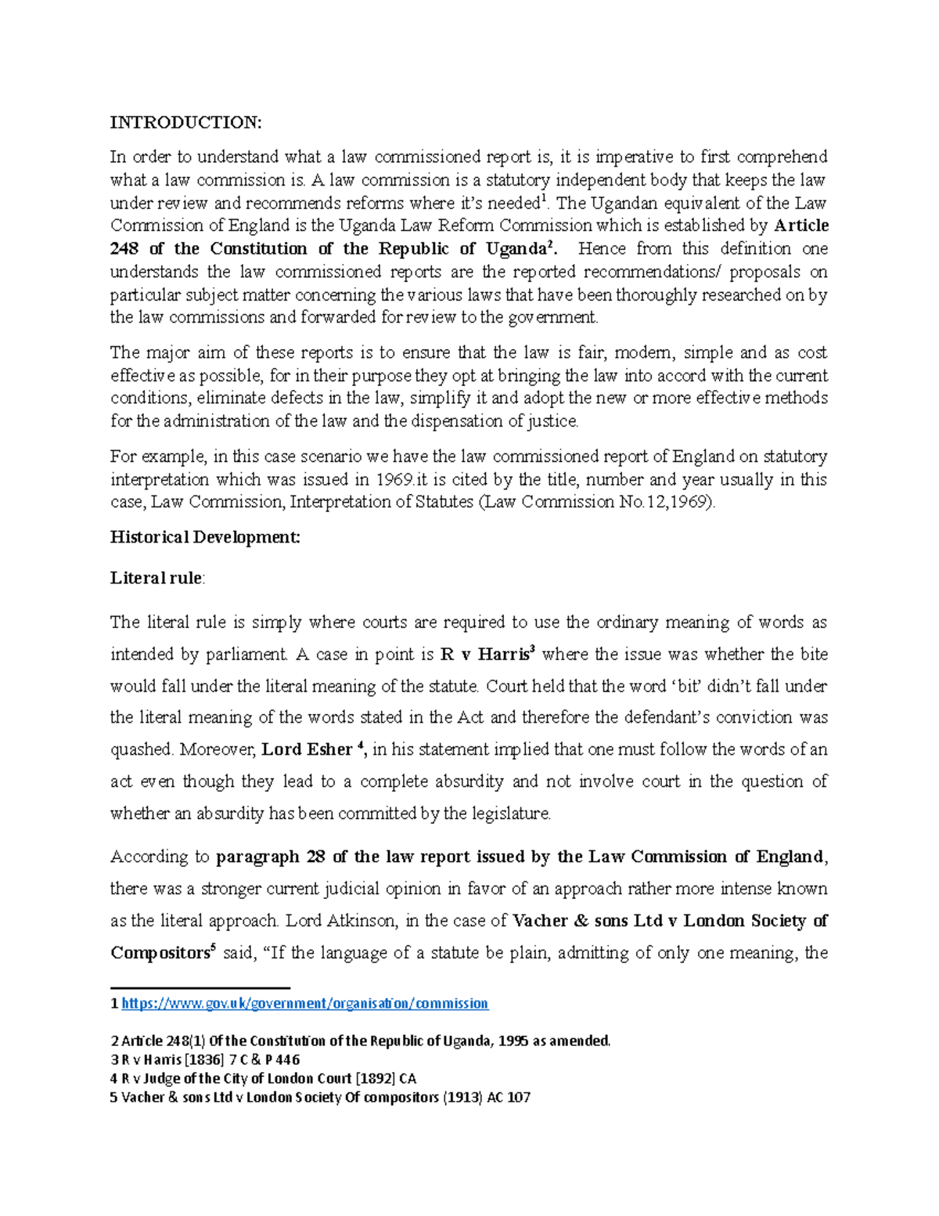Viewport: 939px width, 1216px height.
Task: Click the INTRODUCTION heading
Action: (x=185, y=122)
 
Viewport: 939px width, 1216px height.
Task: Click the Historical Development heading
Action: (x=205, y=537)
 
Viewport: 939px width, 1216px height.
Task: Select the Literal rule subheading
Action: (x=156, y=579)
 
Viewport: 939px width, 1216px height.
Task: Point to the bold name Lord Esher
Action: (x=307, y=749)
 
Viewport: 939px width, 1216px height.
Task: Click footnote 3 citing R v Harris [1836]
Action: (x=205, y=1060)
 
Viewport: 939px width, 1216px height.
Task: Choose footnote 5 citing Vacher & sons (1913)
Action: (x=320, y=1098)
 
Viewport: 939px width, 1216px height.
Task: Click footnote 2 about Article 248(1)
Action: (x=360, y=1041)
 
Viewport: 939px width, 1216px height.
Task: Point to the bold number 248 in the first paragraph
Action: (x=124, y=249)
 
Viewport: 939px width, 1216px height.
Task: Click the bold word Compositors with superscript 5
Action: (x=159, y=954)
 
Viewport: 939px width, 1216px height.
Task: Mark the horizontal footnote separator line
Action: (x=200, y=988)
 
